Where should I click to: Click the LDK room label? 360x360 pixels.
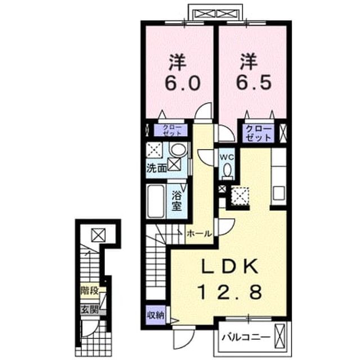229,267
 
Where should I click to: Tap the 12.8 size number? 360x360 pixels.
230,292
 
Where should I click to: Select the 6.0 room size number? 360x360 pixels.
182,83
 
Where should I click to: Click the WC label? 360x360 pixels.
227,157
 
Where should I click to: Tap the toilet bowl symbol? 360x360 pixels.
227,170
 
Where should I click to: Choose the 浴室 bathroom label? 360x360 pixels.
177,201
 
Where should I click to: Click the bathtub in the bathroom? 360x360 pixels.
156,201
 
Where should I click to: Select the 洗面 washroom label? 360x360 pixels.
156,169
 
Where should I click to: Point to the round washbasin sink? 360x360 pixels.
178,150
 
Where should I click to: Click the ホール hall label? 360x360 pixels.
199,234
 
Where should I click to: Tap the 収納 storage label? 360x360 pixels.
156,315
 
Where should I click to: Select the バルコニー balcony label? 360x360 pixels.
246,337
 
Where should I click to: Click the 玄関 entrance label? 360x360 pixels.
90,310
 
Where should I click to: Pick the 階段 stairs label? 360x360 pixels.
90,291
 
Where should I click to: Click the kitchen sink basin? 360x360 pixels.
279,193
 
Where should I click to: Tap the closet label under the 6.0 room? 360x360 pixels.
172,130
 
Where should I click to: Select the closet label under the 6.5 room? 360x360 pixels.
259,134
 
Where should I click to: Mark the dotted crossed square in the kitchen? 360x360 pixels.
240,196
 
